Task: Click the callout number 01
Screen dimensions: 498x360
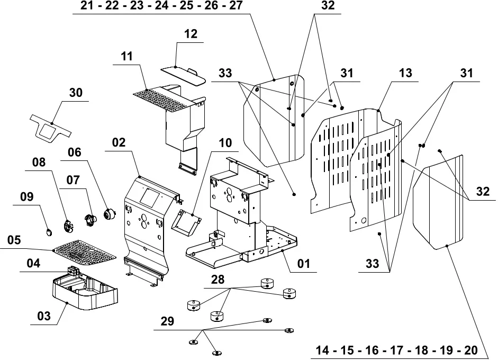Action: coord(304,264)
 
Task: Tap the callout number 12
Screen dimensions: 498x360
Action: coord(191,34)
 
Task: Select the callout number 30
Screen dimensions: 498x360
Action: coord(76,93)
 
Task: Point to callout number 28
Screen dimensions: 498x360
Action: coord(218,280)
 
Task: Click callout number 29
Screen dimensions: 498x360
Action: coord(167,321)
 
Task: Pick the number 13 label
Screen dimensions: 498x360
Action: coord(405,73)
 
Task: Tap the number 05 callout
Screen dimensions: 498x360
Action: coord(14,240)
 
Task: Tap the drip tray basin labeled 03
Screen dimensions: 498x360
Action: coord(85,289)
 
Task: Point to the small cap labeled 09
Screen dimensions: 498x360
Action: coord(49,232)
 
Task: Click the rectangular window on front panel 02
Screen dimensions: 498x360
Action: coord(149,197)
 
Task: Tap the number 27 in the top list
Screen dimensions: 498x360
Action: coord(236,5)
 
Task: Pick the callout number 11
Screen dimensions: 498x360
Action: coord(126,56)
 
